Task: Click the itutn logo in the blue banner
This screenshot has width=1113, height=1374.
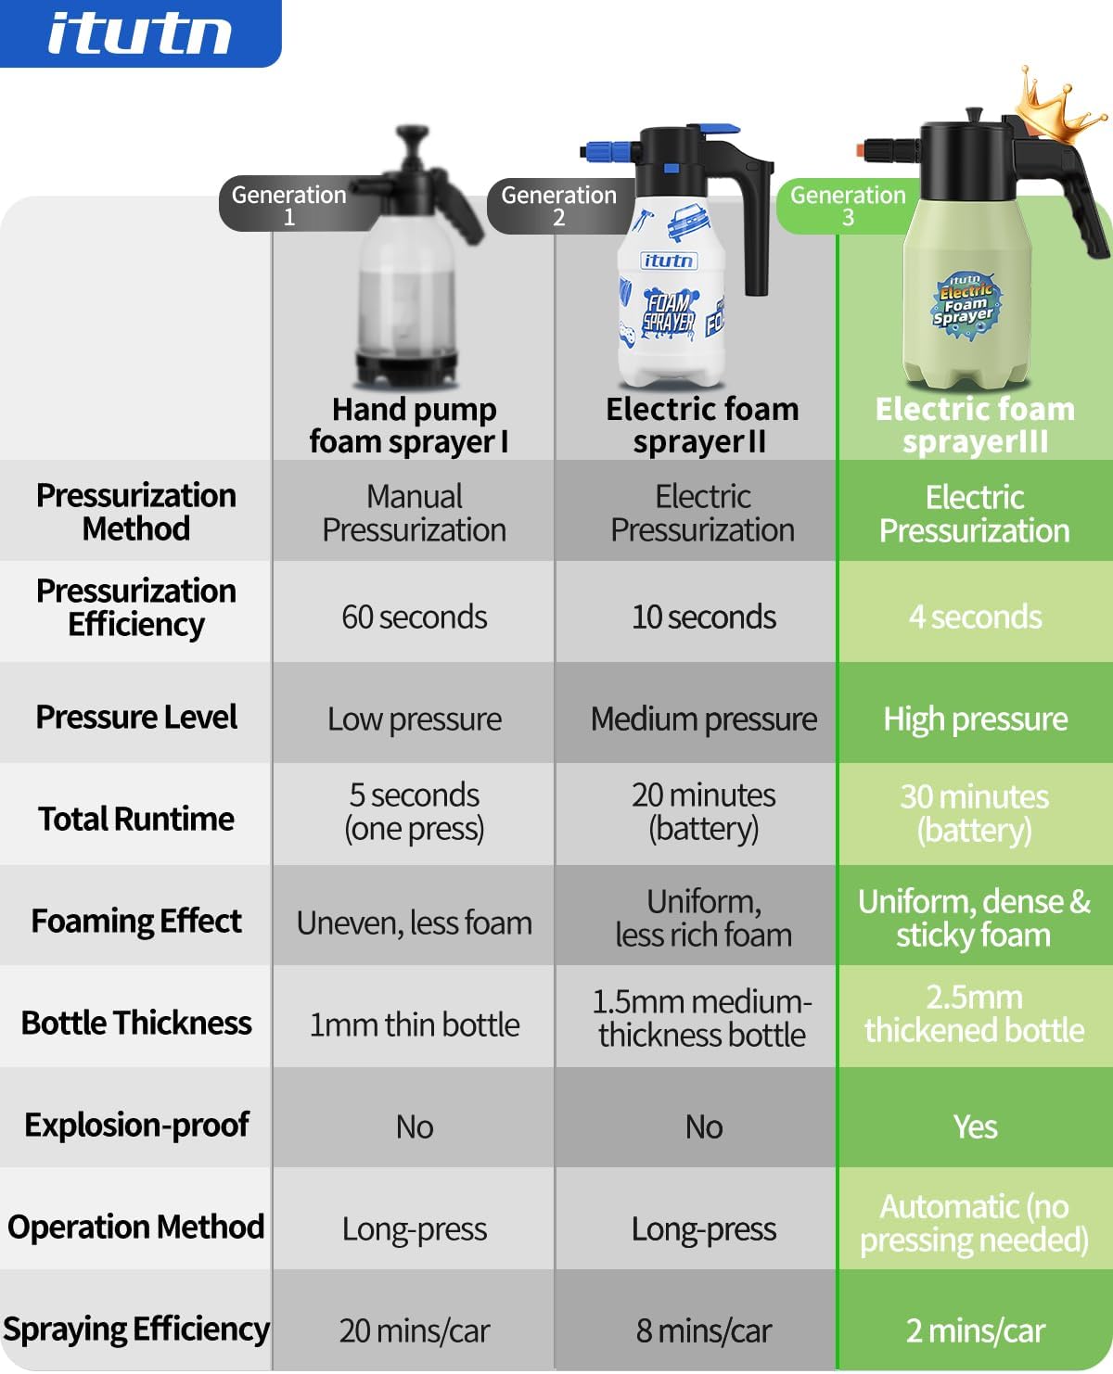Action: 139,34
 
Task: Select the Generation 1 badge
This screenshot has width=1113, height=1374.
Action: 288,205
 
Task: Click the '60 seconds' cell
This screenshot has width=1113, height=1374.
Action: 414,617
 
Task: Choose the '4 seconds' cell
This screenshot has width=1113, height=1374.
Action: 975,617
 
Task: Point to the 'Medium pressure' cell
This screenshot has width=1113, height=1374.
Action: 703,719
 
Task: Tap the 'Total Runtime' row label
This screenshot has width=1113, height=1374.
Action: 136,819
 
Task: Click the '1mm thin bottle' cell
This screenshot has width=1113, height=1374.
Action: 414,1024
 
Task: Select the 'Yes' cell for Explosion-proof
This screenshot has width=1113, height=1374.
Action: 975,1126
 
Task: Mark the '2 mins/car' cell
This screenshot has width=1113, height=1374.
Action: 975,1330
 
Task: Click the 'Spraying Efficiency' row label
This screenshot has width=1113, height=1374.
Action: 136,1329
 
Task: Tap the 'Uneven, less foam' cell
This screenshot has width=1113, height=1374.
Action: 414,922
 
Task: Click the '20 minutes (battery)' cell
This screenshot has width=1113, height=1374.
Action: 703,811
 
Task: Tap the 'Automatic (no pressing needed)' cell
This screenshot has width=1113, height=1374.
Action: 975,1223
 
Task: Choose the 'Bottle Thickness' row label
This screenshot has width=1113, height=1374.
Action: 136,1023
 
